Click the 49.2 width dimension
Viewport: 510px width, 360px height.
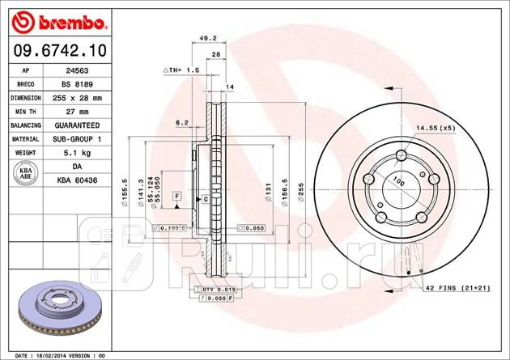pos(207,37)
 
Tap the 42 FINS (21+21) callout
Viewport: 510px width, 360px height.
pos(458,289)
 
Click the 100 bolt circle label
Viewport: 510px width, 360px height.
pos(397,180)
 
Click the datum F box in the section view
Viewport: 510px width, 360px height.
pos(176,197)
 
